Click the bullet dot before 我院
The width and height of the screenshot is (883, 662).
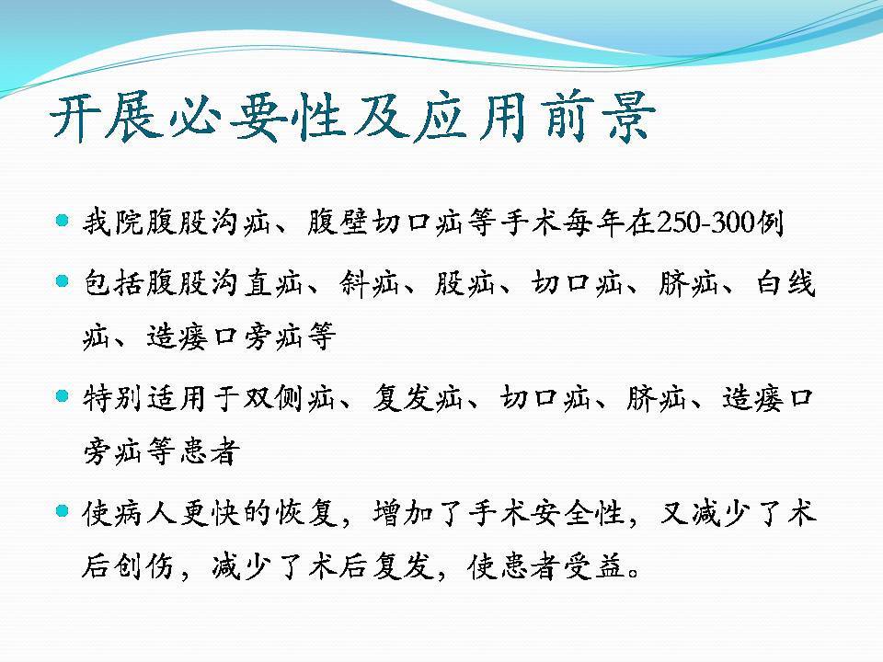(x=63, y=220)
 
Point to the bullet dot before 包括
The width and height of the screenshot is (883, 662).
(x=63, y=280)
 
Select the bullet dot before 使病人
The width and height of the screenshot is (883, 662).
(x=63, y=511)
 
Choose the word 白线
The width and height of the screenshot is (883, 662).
(x=786, y=282)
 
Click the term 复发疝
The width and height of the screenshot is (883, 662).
(x=418, y=398)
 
